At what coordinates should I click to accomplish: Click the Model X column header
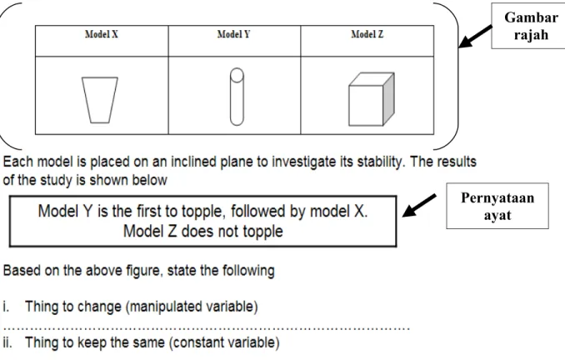[x=102, y=34]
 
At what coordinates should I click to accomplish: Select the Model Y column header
[x=233, y=34]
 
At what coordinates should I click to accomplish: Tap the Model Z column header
[x=367, y=34]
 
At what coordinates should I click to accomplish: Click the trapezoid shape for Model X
[x=100, y=100]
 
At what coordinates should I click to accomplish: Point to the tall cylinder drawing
[x=237, y=97]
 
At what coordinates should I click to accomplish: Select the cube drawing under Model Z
[x=371, y=99]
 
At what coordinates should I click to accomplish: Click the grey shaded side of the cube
[x=388, y=99]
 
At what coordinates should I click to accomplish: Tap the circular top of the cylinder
[x=237, y=75]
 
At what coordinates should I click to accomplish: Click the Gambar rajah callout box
[x=528, y=26]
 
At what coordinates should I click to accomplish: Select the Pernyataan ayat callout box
[x=497, y=206]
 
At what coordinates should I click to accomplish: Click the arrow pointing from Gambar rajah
[x=475, y=37]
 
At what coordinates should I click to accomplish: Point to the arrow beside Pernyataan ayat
[x=419, y=205]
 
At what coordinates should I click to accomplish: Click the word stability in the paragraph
[x=381, y=162]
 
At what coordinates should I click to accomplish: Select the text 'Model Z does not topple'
[x=202, y=232]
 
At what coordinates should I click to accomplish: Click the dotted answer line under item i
[x=206, y=328]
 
